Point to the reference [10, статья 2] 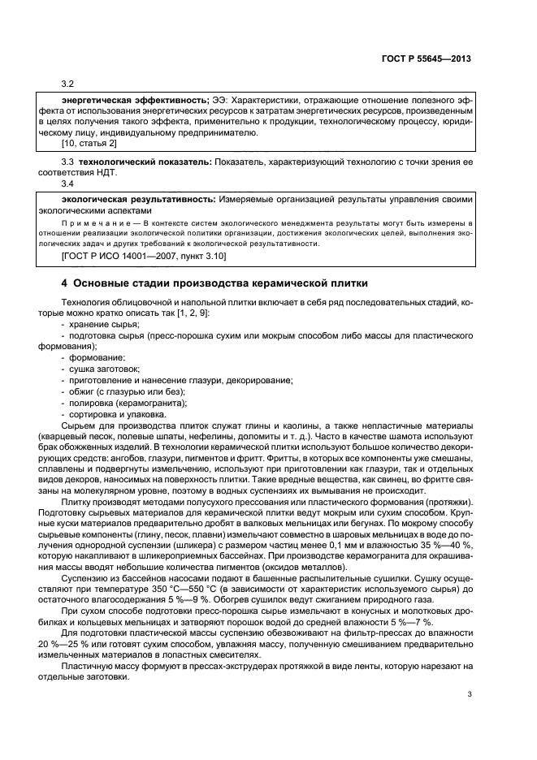89,144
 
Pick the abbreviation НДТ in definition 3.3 106,174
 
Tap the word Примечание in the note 93,221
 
